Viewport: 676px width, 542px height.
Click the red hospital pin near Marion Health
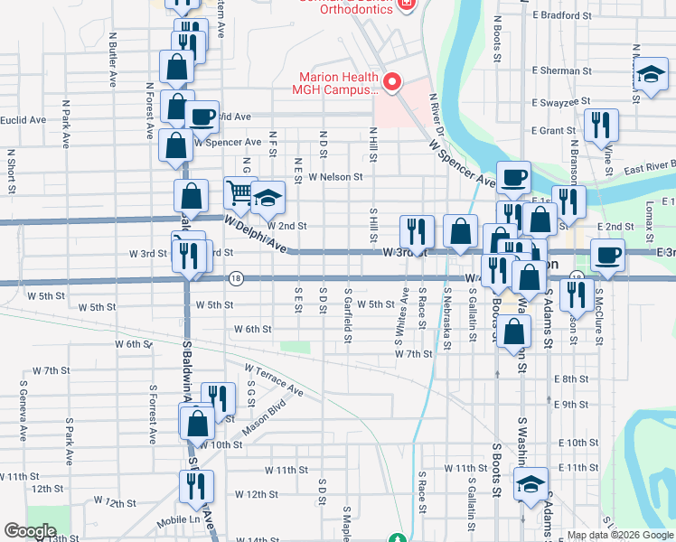tap(392, 83)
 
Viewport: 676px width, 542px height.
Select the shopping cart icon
tap(239, 192)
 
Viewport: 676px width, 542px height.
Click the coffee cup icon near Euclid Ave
tap(202, 116)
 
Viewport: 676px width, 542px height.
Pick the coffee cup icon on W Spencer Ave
tap(513, 177)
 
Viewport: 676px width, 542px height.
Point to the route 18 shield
tap(235, 277)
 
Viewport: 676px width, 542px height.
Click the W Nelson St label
tap(334, 178)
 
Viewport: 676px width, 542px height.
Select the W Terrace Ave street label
tap(275, 380)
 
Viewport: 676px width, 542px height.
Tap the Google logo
tap(30, 531)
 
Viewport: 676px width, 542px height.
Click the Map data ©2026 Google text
tap(620, 535)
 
